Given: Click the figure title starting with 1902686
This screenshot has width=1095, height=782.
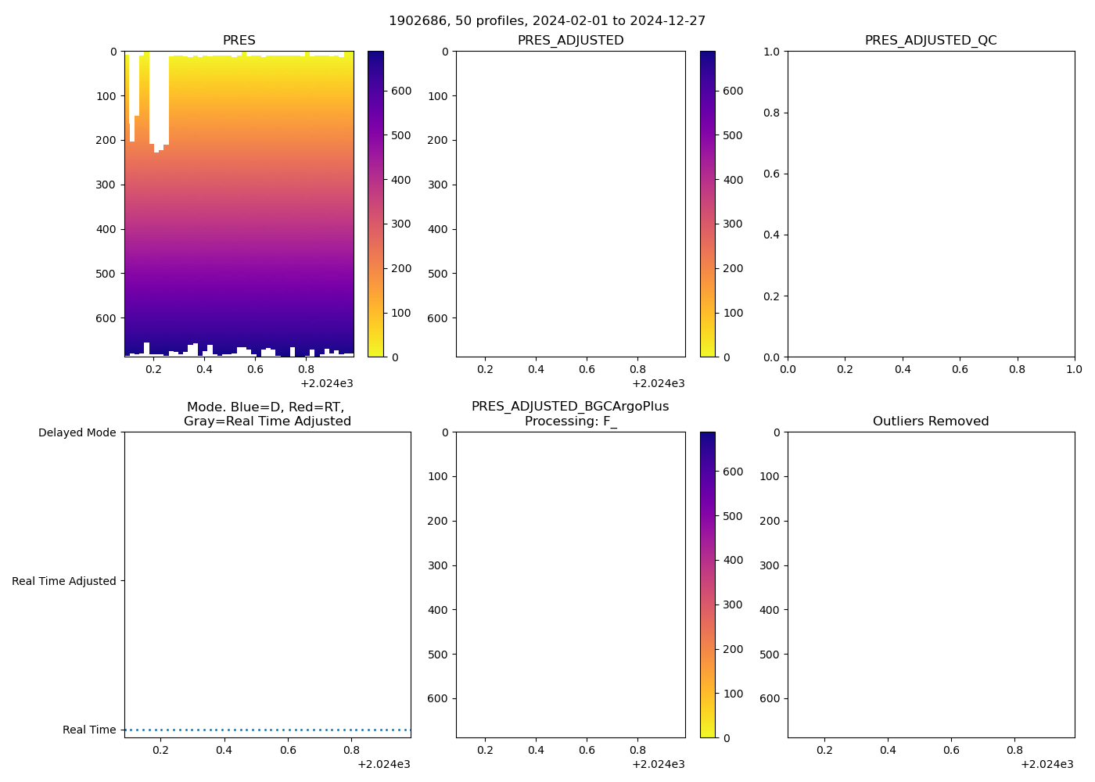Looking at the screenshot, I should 547,21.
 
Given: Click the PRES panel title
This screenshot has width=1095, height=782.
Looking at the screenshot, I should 239,41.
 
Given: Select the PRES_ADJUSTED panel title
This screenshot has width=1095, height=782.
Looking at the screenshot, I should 570,41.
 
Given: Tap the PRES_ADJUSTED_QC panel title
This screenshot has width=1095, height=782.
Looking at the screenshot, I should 930,41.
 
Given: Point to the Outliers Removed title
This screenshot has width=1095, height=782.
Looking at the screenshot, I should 930,421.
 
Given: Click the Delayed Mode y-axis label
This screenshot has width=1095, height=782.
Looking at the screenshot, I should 77,432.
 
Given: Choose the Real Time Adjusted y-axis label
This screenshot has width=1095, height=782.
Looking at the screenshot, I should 63,581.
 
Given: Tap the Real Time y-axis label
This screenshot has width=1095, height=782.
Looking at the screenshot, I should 89,730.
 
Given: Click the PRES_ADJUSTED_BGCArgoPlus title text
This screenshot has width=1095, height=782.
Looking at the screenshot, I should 570,407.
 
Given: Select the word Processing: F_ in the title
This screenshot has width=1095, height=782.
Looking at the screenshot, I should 570,421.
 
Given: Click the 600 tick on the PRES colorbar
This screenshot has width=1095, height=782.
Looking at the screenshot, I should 401,91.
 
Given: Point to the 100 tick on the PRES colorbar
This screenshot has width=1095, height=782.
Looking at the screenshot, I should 401,313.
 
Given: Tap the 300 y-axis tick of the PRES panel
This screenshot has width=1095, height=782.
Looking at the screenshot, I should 106,185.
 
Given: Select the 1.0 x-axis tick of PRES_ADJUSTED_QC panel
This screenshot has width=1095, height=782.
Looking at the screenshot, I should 1074,369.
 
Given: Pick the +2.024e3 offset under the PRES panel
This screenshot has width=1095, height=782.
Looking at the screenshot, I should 326,383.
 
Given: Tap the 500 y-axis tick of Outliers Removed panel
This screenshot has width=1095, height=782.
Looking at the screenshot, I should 770,655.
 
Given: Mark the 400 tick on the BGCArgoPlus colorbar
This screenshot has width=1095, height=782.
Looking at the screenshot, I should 733,560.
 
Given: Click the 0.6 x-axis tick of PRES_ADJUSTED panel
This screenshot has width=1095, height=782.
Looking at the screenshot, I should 587,369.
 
